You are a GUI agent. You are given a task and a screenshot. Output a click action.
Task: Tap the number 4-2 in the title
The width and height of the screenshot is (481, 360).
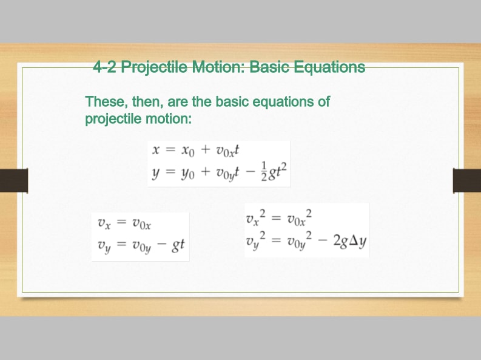(105, 67)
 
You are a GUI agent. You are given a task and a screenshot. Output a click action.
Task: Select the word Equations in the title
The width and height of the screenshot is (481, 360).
(329, 67)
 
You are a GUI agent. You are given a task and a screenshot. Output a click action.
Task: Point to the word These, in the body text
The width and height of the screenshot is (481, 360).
(107, 101)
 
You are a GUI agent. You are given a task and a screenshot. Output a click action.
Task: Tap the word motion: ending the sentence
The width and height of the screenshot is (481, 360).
(169, 119)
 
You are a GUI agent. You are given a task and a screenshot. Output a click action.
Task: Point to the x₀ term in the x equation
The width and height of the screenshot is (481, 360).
(188, 151)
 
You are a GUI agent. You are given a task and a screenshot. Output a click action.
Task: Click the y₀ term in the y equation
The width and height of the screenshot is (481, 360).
(188, 174)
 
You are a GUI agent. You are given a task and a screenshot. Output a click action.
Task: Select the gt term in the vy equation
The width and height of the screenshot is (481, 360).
(178, 245)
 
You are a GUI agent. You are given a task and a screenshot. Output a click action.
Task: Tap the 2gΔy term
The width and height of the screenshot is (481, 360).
(350, 241)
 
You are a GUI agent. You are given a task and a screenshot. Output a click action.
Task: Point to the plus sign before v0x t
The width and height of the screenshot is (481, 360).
(206, 149)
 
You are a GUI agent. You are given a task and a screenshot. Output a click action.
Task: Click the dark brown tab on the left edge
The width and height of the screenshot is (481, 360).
(14, 180)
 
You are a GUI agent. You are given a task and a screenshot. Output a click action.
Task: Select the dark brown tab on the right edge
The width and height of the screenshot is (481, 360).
(467, 180)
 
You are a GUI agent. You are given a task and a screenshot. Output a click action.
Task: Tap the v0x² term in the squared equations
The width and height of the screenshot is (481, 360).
(300, 217)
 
